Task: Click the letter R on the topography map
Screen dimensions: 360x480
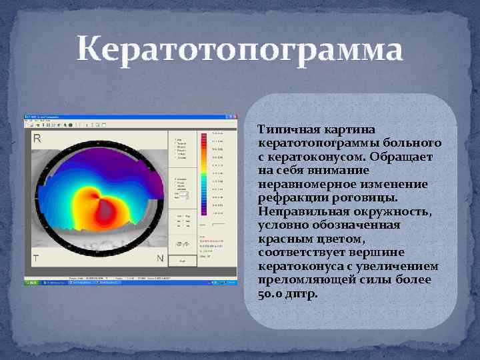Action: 37,139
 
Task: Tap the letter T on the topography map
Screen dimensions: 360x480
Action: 37,257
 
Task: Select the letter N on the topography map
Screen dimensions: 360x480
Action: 159,258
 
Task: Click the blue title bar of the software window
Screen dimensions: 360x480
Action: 130,117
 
